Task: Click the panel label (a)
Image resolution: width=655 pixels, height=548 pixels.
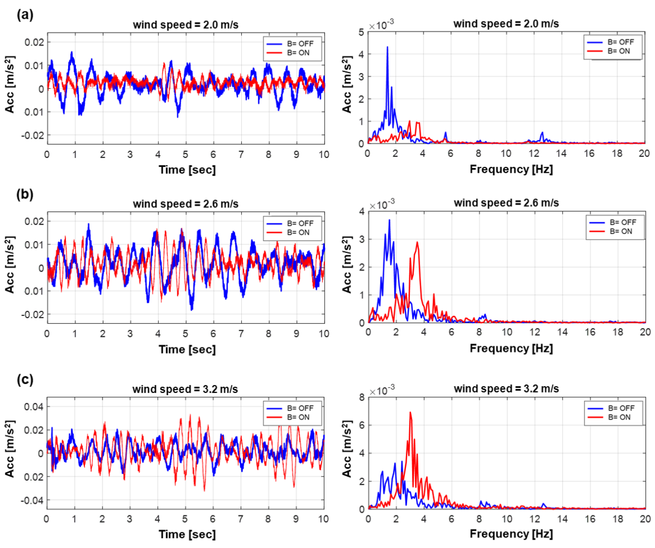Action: pyautogui.click(x=25, y=15)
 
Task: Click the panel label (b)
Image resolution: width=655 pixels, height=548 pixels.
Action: pyautogui.click(x=25, y=194)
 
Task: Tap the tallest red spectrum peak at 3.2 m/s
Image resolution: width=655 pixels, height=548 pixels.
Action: pyautogui.click(x=410, y=413)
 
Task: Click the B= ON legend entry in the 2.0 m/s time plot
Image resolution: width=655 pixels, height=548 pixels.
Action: pyautogui.click(x=298, y=53)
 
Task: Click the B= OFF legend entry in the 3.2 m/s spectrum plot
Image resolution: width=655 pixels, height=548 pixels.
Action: pyautogui.click(x=621, y=408)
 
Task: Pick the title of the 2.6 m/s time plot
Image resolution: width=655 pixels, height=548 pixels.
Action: pyautogui.click(x=186, y=204)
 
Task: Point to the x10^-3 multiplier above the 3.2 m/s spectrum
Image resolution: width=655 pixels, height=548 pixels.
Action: pyautogui.click(x=382, y=390)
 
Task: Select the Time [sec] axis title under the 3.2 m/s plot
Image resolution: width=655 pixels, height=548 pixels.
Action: pyautogui.click(x=187, y=534)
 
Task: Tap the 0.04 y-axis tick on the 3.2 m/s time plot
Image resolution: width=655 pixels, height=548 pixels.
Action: pyautogui.click(x=34, y=407)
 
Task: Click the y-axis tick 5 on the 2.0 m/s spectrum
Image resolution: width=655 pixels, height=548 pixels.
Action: pyautogui.click(x=361, y=32)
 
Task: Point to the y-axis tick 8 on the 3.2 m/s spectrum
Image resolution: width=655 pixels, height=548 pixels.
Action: pyautogui.click(x=362, y=397)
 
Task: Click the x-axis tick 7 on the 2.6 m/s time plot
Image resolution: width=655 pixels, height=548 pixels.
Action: pyautogui.click(x=241, y=334)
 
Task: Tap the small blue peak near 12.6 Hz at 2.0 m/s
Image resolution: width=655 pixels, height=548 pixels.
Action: pyautogui.click(x=542, y=133)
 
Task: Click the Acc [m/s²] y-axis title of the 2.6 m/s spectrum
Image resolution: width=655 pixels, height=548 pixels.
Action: pyautogui.click(x=347, y=265)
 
